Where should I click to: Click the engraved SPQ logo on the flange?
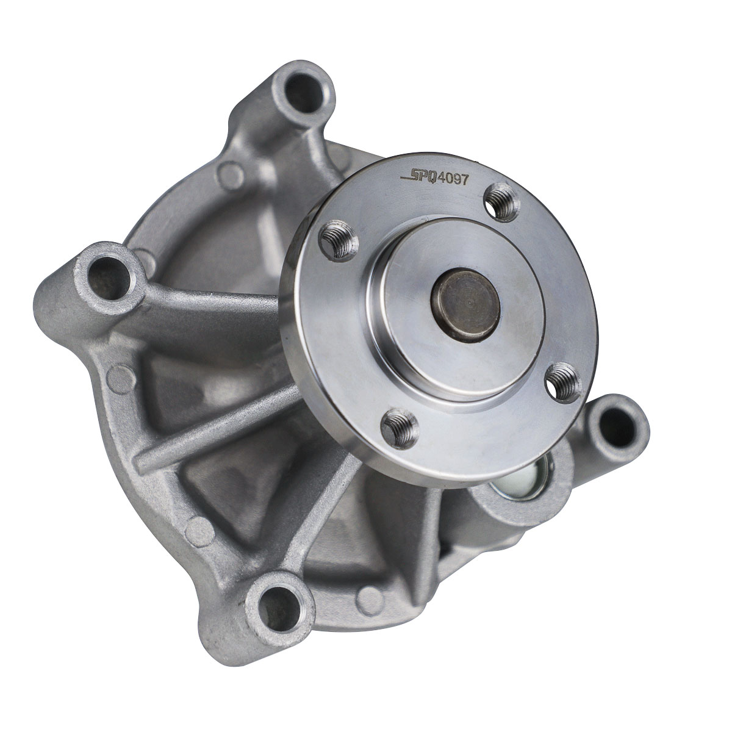coord(419,178)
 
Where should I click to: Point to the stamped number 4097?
coord(453,179)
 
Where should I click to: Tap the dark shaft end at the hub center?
coord(465,305)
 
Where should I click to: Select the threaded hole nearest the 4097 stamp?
coord(501,202)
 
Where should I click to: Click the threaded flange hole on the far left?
coord(339,241)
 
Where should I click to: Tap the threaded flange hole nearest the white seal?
coord(564,382)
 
